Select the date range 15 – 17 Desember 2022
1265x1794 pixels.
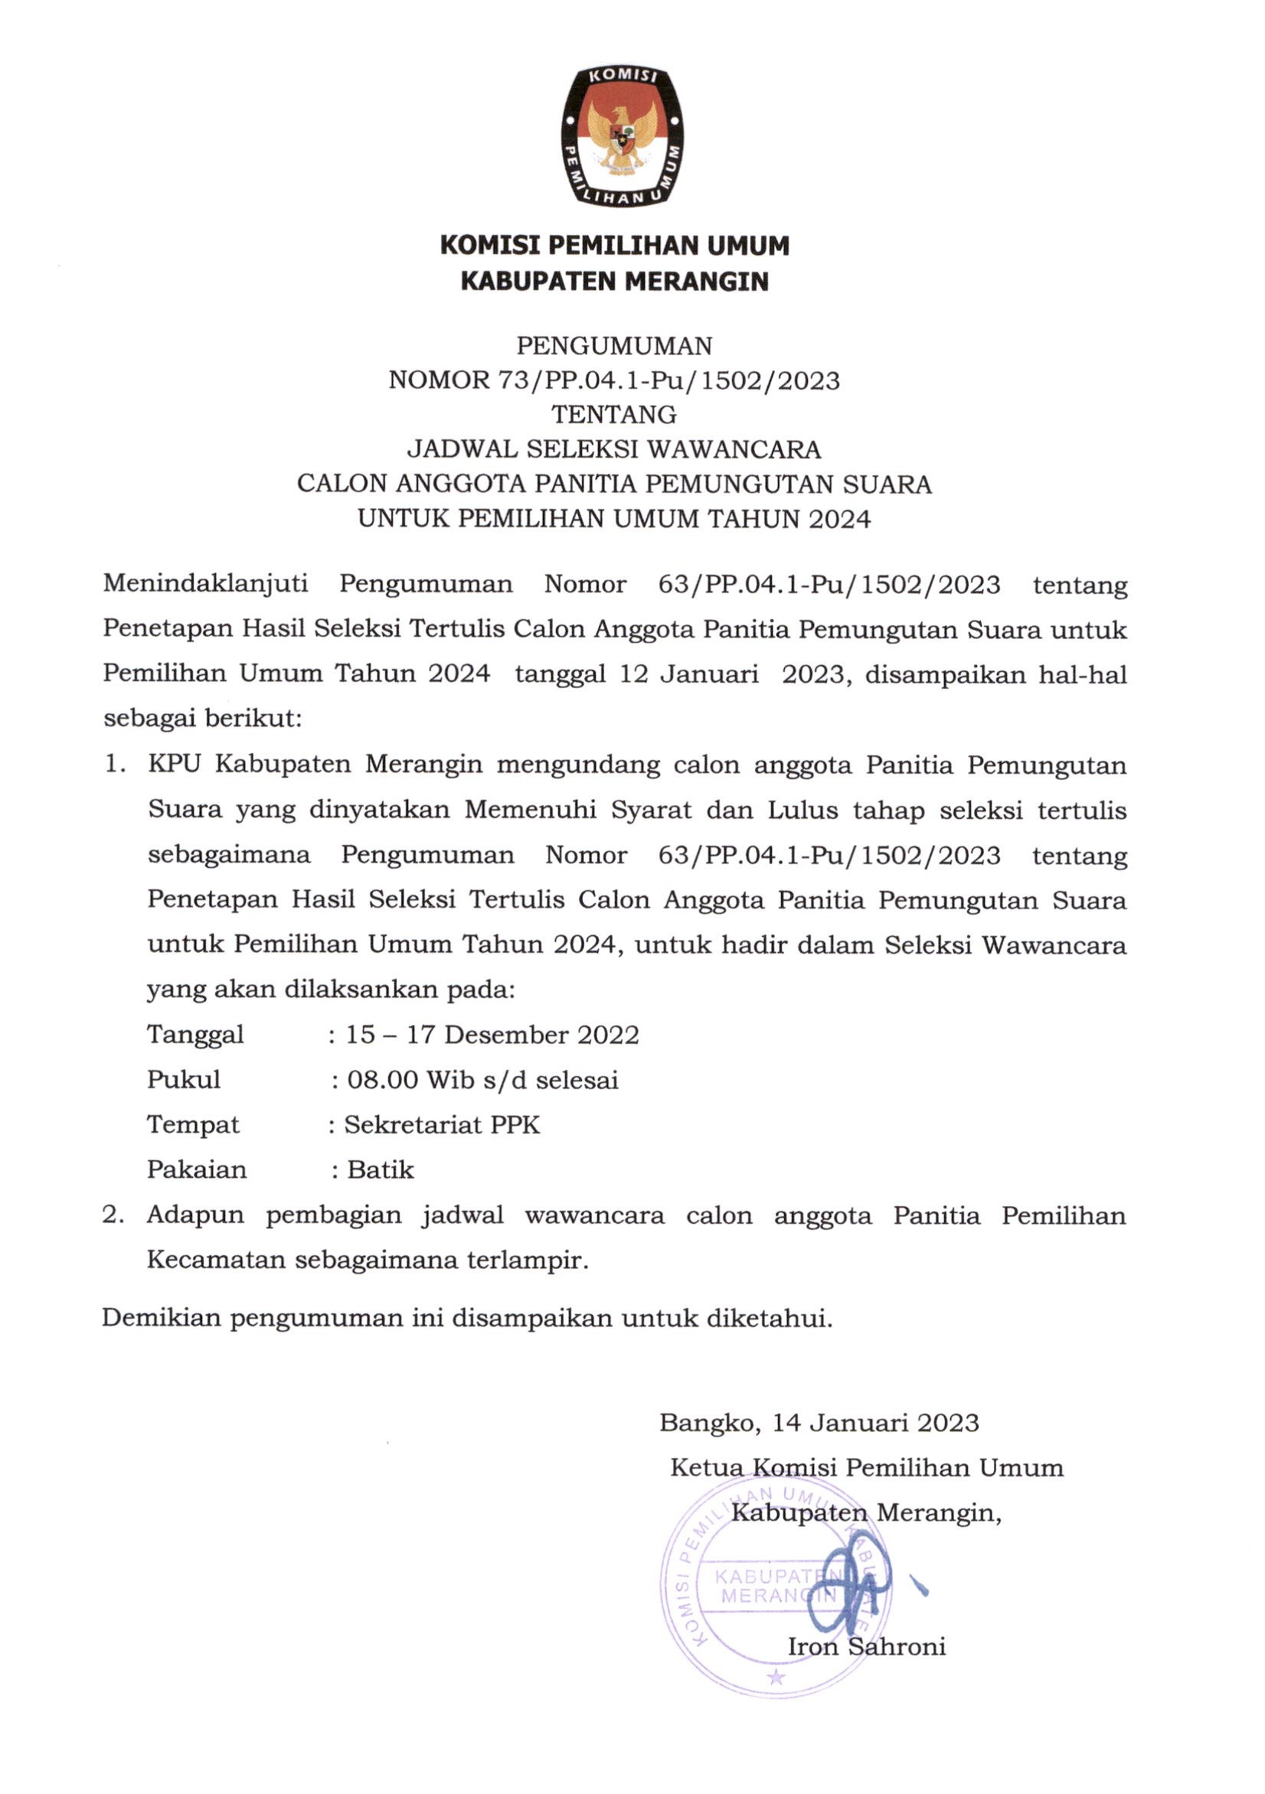[x=492, y=1036]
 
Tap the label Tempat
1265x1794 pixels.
[x=193, y=1125]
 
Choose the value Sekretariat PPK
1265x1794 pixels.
[x=442, y=1125]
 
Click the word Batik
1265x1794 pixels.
[x=380, y=1169]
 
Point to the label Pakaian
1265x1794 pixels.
[x=197, y=1169]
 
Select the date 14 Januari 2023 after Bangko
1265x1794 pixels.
[x=876, y=1422]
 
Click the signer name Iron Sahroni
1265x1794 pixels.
[x=866, y=1647]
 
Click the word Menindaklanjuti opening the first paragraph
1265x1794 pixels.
[x=205, y=585]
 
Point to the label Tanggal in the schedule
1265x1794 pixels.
[x=195, y=1036]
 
